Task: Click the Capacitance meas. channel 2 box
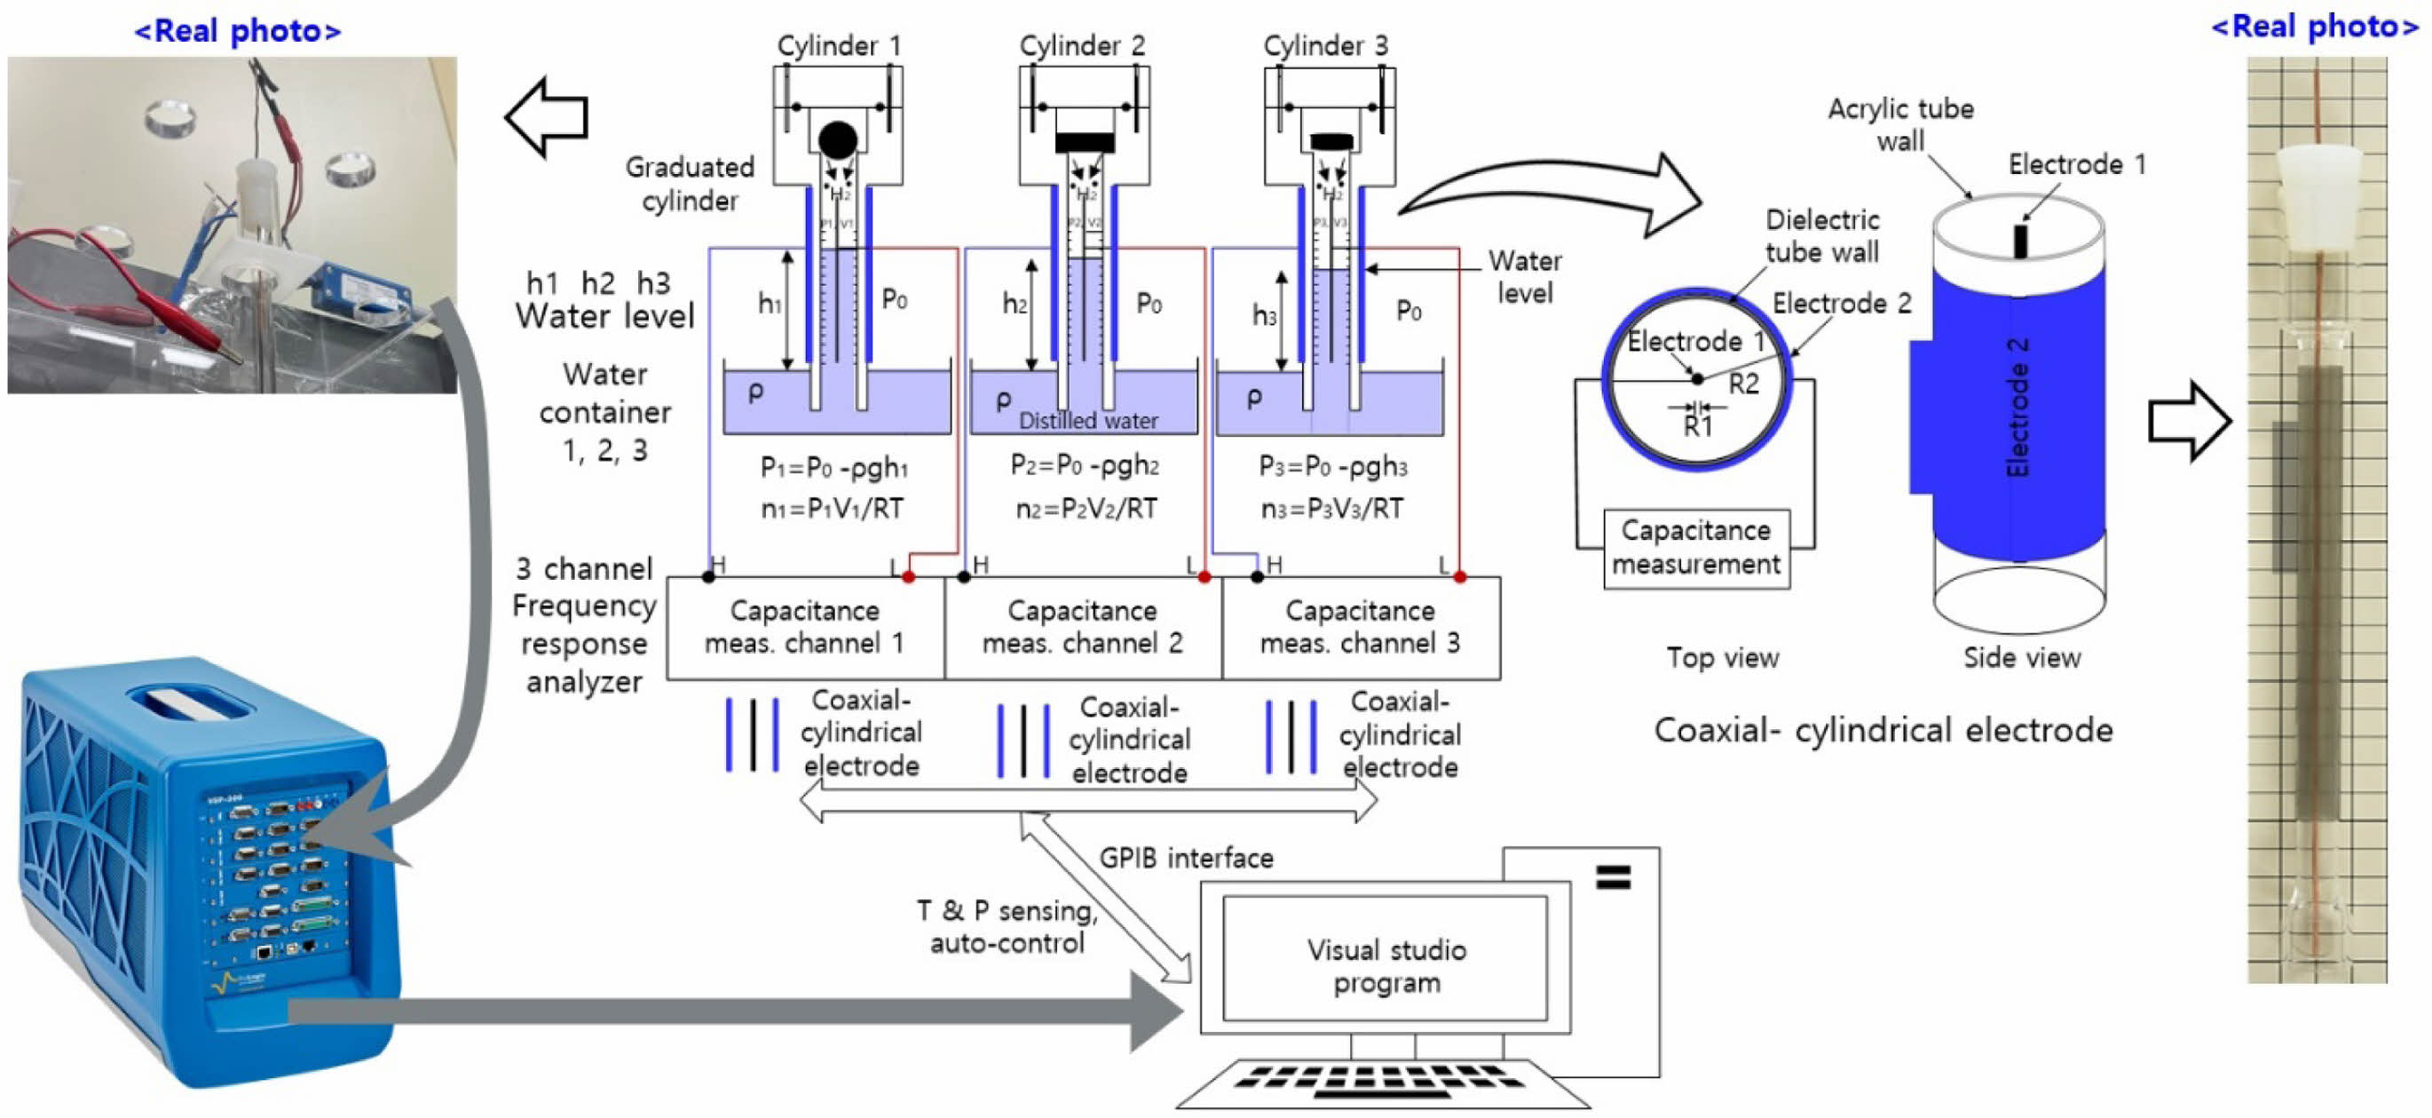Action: coord(1082,627)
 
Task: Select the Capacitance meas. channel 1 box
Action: coord(804,627)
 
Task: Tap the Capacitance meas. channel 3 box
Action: coord(1360,627)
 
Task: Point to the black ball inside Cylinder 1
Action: coord(837,139)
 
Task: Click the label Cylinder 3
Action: coord(1324,45)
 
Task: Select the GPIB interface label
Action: coord(1186,858)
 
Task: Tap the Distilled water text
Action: coord(1087,421)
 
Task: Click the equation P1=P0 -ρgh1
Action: coord(833,467)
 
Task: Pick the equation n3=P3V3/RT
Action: coord(1331,509)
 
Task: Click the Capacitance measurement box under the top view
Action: coord(1695,548)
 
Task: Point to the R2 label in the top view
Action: coord(1744,384)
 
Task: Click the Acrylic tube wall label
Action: coord(1899,124)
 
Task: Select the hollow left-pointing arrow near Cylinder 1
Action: coord(547,117)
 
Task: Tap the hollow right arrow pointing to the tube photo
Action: coord(2189,421)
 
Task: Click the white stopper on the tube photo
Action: coord(2318,193)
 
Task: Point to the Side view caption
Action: coord(2021,657)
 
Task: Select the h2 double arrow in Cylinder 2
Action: coord(1032,314)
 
